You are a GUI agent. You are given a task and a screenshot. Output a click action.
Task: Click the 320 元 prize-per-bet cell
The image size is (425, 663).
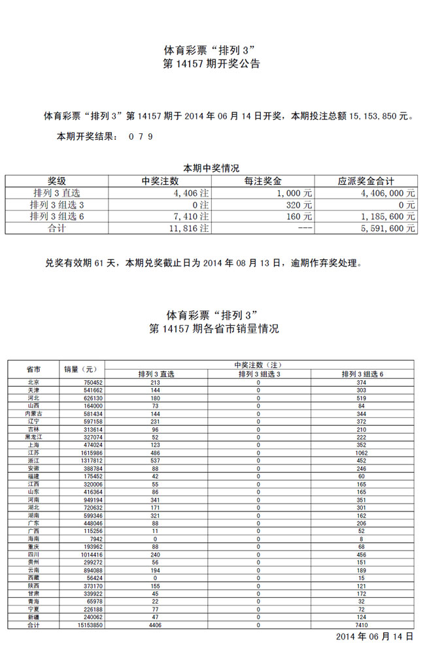[299, 205]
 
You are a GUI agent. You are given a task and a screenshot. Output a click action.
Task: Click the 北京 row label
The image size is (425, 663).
[33, 382]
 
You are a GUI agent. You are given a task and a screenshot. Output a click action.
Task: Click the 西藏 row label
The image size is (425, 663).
[33, 578]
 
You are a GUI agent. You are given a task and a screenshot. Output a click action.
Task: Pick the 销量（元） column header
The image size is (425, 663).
[80, 369]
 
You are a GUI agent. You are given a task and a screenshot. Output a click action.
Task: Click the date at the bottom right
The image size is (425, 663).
[375, 636]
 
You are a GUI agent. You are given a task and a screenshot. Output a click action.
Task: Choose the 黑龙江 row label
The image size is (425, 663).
[33, 437]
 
